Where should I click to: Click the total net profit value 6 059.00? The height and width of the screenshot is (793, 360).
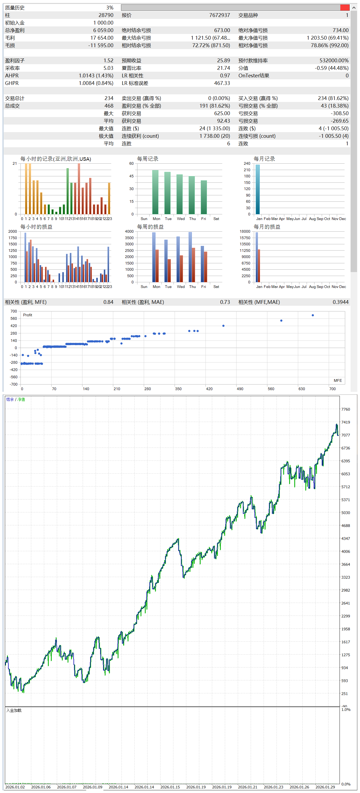pos(103,30)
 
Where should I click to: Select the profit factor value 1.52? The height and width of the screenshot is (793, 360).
pos(108,60)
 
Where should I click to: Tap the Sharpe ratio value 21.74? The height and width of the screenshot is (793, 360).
pos(223,68)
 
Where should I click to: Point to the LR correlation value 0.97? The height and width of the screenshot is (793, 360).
pos(225,75)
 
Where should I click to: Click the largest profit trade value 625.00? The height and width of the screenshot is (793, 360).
pos(222,113)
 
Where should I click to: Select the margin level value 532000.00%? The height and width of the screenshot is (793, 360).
pos(334,60)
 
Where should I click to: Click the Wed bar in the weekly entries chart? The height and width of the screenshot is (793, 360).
pos(179,194)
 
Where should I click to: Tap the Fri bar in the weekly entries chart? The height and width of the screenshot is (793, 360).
pos(204,197)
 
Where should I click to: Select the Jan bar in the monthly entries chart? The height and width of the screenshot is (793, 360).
pos(258,189)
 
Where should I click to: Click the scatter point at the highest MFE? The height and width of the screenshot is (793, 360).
pos(313,315)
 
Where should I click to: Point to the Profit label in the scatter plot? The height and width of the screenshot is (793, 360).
pos(27,315)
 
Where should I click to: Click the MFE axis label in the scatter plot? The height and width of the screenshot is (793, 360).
pos(338,380)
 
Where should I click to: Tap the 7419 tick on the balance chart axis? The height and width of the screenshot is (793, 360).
pos(345,422)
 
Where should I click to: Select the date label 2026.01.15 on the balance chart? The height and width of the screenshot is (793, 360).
pos(170,787)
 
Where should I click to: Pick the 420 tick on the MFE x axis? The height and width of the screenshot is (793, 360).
pos(209,389)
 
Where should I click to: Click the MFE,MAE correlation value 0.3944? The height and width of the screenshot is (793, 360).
pos(340,302)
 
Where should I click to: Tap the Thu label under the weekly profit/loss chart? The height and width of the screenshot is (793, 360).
pos(192,287)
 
